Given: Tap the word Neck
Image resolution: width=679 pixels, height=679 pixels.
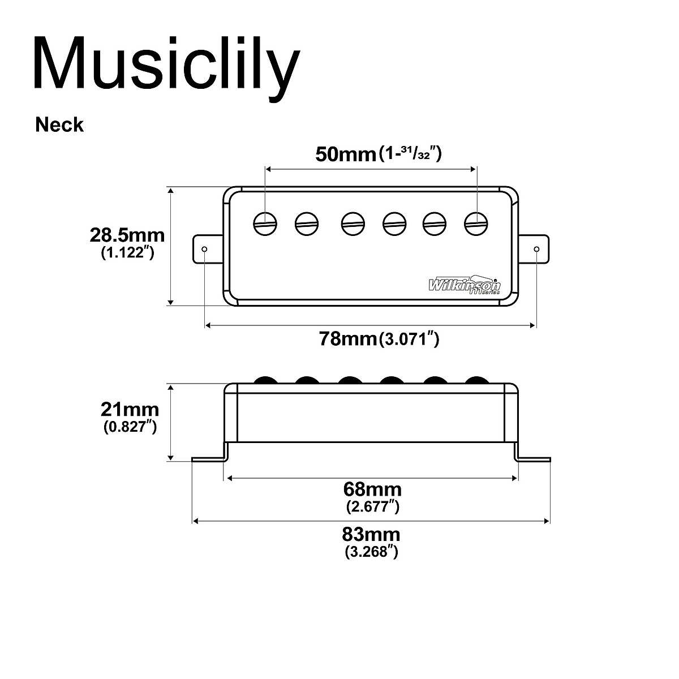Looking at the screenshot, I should (x=59, y=124).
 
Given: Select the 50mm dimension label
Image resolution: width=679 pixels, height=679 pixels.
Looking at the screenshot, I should (x=345, y=154).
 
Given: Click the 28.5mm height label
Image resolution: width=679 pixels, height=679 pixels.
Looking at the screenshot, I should (x=127, y=235).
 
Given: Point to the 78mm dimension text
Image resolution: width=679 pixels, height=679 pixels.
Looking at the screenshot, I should (x=347, y=339).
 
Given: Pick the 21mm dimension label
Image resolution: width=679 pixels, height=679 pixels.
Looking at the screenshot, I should (x=130, y=409).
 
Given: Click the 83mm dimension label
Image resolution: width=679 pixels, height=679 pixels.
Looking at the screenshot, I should (x=372, y=534).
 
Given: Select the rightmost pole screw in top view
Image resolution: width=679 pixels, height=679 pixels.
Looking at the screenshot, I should (x=476, y=223).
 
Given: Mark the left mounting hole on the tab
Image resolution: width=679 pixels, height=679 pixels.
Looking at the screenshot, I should (x=205, y=249).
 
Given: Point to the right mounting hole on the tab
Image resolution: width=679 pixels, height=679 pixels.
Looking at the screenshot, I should (x=536, y=249).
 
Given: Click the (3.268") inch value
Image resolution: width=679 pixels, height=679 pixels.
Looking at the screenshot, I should (x=372, y=552).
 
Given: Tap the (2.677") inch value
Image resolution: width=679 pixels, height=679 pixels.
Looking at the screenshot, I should (x=372, y=506).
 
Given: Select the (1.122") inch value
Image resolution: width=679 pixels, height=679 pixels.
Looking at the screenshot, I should (x=127, y=253).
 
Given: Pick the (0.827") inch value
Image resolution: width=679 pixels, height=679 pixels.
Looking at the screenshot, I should (x=130, y=427).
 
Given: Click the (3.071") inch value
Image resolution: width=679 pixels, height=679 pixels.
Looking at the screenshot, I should (x=409, y=339).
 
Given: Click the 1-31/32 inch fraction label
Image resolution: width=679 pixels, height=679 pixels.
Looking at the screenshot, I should (x=410, y=154).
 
